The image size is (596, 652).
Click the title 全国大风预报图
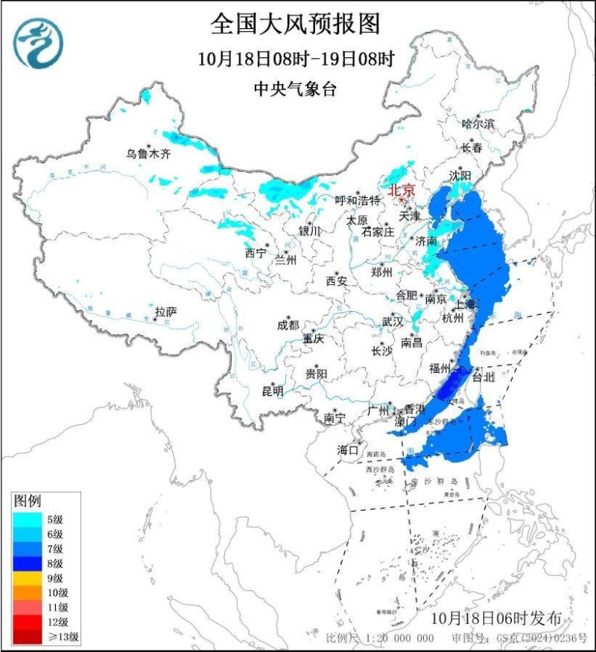[296, 24]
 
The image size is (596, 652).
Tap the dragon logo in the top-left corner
[38, 42]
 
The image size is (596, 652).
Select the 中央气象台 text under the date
[296, 89]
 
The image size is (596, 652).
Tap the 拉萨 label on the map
[165, 312]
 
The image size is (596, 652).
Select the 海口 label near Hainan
[348, 450]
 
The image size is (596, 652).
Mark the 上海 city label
[465, 304]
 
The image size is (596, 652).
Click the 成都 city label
[288, 325]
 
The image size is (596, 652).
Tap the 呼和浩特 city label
[358, 200]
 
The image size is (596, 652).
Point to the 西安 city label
[337, 281]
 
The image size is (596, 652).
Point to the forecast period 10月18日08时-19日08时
[296, 58]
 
